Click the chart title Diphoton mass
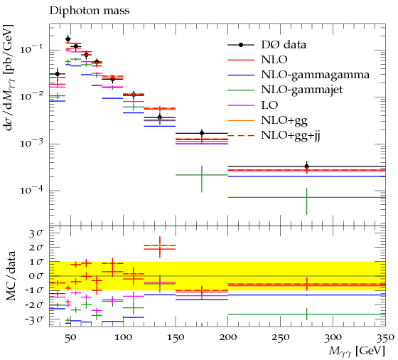tap(90, 11)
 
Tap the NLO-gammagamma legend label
tap(316, 75)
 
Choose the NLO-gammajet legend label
tap(302, 90)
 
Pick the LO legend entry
tap(269, 105)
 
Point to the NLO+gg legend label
tap(284, 120)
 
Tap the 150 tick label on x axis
tap(176, 337)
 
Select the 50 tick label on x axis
tap(70, 337)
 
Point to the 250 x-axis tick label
tap(280, 337)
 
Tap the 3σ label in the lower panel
tap(36, 233)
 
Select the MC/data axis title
tap(11, 275)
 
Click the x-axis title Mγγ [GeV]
tap(357, 352)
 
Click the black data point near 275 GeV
tap(306, 166)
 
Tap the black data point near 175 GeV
tap(202, 133)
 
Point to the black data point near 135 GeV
tap(160, 117)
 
